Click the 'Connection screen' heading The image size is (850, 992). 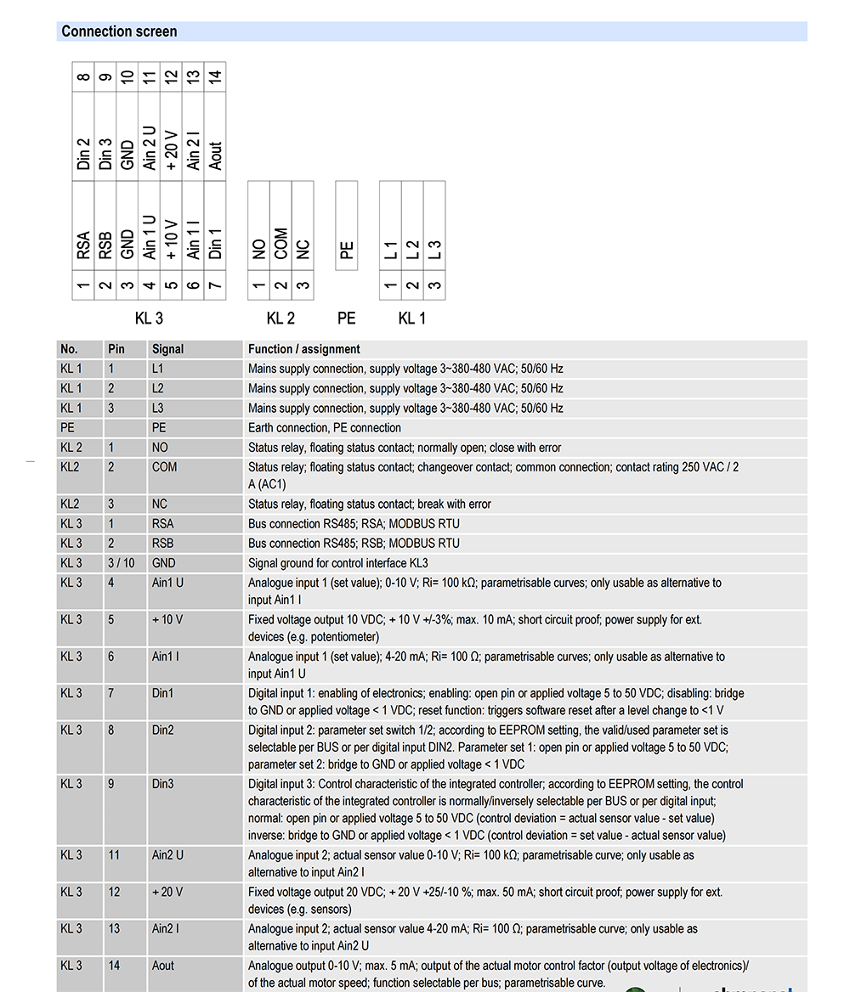(119, 32)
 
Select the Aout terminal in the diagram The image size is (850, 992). (216, 155)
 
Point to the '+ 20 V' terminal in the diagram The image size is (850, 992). (172, 150)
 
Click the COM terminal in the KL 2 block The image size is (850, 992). (281, 244)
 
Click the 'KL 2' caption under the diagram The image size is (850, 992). (280, 318)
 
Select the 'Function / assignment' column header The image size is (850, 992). (303, 349)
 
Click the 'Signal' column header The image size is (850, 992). (167, 349)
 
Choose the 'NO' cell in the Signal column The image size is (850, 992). (160, 448)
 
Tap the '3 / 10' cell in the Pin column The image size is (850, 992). (121, 563)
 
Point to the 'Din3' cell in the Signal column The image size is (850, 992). (162, 784)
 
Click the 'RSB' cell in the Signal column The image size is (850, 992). (162, 544)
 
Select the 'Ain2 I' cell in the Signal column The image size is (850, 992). (166, 928)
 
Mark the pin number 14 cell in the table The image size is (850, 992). (114, 966)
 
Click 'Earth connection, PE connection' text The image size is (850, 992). (324, 428)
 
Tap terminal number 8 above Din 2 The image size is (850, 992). (83, 77)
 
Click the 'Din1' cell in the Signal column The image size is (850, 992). (162, 693)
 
